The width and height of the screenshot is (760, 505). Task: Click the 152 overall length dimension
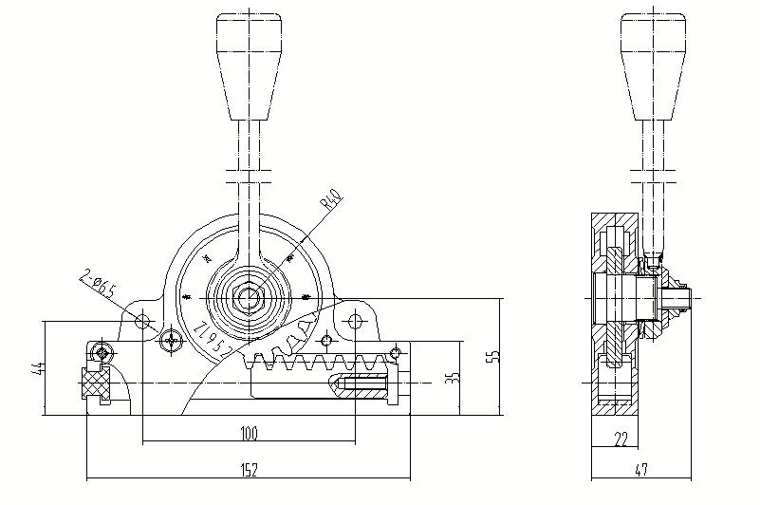point(249,468)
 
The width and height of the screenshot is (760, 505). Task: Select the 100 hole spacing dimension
point(249,434)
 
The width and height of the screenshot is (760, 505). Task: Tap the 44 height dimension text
point(39,368)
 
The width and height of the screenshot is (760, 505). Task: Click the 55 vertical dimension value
point(491,356)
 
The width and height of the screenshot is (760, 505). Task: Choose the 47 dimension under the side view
point(641,468)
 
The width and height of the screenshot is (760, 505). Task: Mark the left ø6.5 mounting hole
point(142,322)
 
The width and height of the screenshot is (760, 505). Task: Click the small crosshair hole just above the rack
point(327,339)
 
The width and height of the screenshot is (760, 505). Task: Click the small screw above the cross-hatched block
point(101,353)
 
